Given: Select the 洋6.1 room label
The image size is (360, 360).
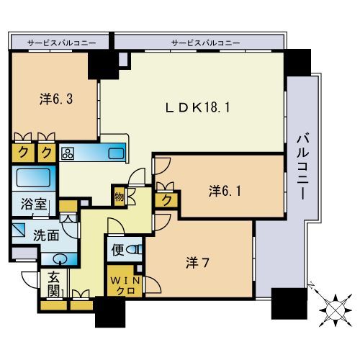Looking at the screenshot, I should click(x=224, y=191).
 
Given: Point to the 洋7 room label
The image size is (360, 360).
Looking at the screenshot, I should click(x=196, y=263).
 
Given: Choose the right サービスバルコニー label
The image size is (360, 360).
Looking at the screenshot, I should click(x=205, y=43).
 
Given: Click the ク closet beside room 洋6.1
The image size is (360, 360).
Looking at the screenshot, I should click(x=166, y=199).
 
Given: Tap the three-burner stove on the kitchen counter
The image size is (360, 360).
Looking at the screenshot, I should click(x=68, y=153).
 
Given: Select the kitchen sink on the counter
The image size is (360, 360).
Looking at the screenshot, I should click(x=114, y=152).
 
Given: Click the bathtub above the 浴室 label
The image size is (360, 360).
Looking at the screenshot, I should click(x=33, y=178).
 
